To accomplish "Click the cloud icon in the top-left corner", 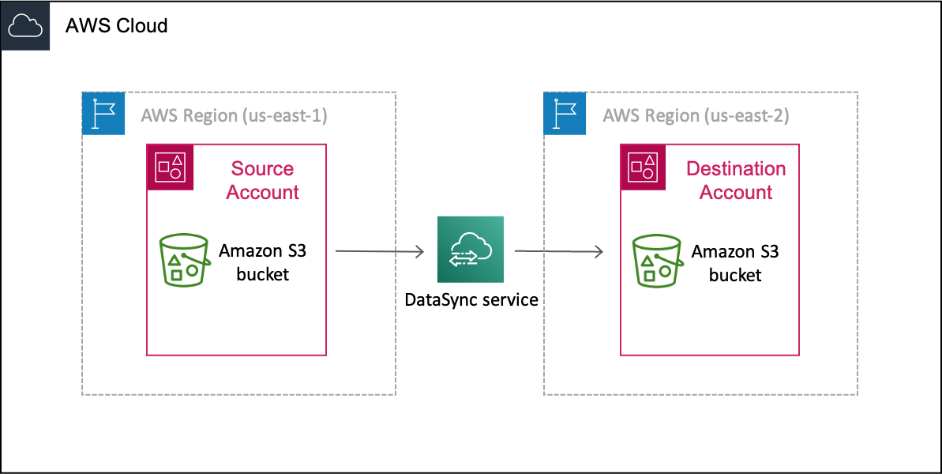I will point(25,26).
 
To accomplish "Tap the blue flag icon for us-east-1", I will point(103,114).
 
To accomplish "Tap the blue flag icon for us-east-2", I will point(565,114).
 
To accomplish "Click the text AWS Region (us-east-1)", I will point(234,115).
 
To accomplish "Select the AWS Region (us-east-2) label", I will point(696,115).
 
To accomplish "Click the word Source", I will point(262,169).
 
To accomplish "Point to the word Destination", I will point(736,169).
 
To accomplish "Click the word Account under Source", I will point(263,193).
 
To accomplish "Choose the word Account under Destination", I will point(736,193).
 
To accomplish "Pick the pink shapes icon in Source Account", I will point(171,167).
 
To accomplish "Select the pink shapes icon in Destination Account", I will point(644,167).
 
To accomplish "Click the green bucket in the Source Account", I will point(184,260).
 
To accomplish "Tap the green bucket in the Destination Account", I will point(656,260).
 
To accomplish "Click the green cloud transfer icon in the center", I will point(471,250).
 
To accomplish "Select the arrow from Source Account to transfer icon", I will point(380,252).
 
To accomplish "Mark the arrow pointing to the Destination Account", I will point(559,252).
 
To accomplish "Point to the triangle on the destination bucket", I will point(647,261).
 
